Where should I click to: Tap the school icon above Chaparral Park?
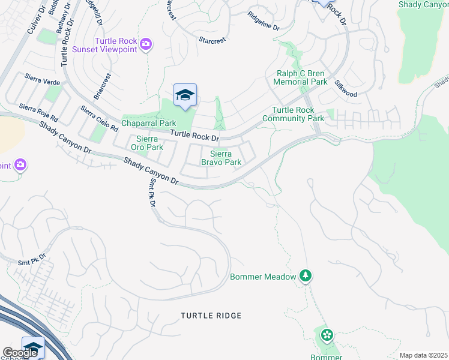pos(185,95)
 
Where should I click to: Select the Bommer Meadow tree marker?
pos(306,276)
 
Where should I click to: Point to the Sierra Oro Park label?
pos(146,143)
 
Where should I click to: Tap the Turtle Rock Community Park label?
pos(298,114)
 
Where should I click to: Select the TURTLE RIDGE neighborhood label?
pos(211,316)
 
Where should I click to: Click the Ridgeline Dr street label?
pos(264,28)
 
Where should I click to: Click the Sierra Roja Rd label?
pos(38,111)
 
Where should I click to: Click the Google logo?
pos(19,353)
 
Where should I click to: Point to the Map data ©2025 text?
pos(423,355)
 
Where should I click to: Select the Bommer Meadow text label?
pos(264,277)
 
